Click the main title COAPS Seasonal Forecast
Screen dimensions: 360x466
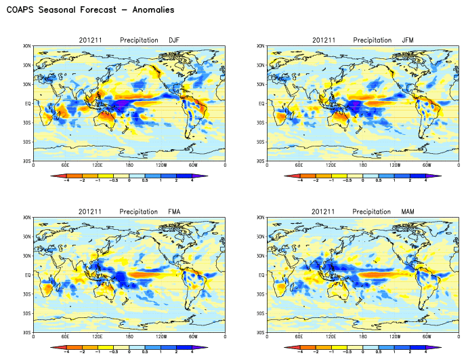(90, 10)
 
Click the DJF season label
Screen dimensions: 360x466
(174, 40)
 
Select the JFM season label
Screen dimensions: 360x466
(408, 40)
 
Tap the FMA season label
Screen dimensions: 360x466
(174, 212)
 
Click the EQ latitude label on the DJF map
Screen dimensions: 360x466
(28, 104)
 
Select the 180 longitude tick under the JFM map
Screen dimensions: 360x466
(363, 165)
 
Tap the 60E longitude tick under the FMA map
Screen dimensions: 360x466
(65, 338)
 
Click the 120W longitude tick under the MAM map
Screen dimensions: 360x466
(395, 338)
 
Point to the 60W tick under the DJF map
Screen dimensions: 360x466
(193, 165)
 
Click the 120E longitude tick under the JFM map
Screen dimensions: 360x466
(331, 165)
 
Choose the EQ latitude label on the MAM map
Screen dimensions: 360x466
(261, 276)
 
